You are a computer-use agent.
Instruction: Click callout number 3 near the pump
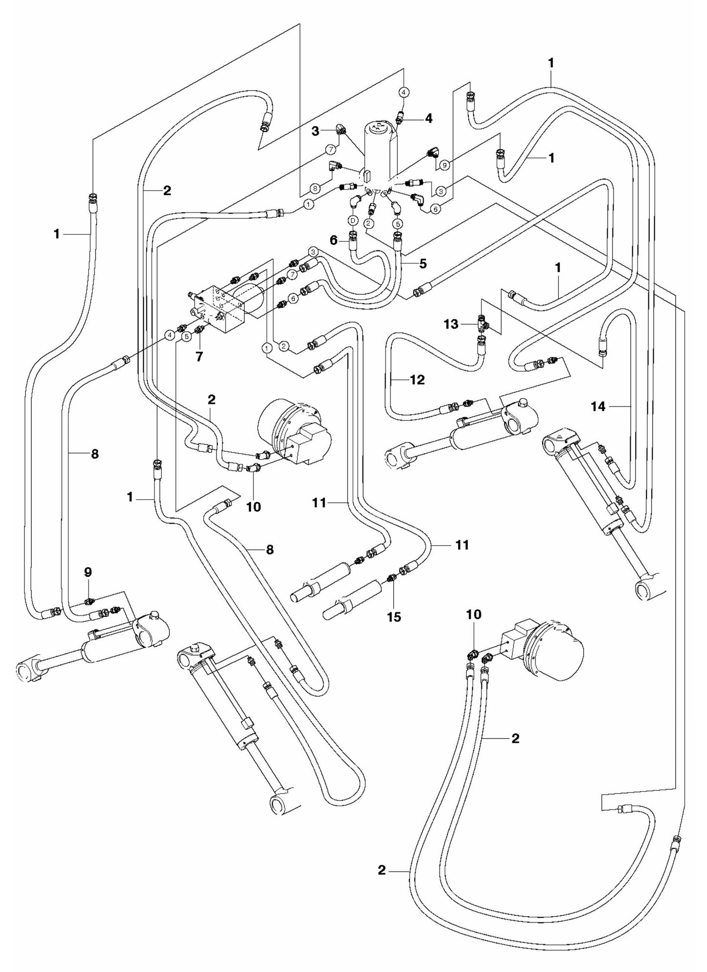[x=316, y=131]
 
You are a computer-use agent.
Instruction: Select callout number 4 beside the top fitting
[x=428, y=118]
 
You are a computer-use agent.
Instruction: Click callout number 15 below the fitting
[x=393, y=617]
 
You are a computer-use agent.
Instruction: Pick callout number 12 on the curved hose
[x=417, y=379]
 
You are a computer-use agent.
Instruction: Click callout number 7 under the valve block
[x=199, y=356]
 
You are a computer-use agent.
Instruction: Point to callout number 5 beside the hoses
[x=422, y=264]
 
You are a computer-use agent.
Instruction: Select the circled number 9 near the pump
[x=444, y=165]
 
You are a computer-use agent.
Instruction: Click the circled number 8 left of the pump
[x=315, y=187]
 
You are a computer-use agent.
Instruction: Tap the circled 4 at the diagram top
[x=404, y=91]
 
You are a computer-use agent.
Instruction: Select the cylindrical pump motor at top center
[x=380, y=149]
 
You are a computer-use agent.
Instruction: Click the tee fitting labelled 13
[x=481, y=323]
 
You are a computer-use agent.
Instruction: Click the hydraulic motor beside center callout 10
[x=294, y=433]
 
